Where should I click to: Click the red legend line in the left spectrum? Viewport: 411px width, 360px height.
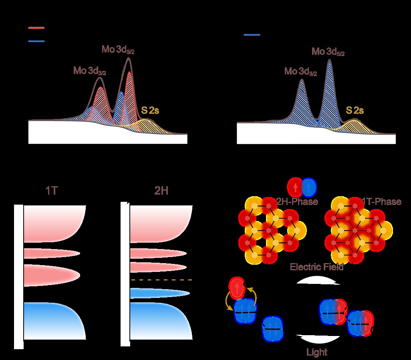(36, 28)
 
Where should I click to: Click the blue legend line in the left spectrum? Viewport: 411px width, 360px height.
(36, 41)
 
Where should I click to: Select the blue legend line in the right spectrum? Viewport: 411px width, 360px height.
(252, 35)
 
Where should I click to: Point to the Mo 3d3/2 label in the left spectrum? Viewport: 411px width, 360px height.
(90, 71)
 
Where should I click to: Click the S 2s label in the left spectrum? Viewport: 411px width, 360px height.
(150, 110)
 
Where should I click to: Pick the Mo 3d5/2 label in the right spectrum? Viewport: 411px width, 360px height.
(328, 52)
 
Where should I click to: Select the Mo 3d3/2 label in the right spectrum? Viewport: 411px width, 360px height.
(301, 72)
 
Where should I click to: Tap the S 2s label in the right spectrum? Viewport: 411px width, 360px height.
(355, 110)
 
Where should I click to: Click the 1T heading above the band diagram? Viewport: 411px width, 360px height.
(52, 191)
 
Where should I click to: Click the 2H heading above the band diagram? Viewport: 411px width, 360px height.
(161, 191)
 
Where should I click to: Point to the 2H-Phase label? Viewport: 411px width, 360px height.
(297, 201)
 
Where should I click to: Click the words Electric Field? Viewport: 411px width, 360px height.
(317, 267)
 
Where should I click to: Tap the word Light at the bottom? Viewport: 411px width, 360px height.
(316, 352)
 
